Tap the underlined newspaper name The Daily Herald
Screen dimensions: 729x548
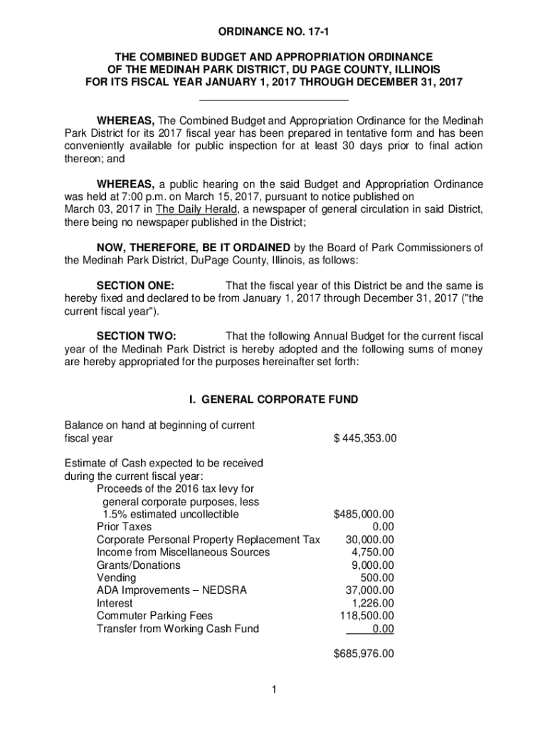pyautogui.click(x=196, y=209)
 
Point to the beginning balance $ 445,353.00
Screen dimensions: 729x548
pyautogui.click(x=364, y=439)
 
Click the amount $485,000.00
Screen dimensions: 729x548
pyautogui.click(x=364, y=514)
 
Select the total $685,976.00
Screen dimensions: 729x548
pyautogui.click(x=364, y=654)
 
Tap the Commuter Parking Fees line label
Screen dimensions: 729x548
pyautogui.click(x=154, y=616)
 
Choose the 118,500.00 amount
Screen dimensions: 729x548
pyautogui.click(x=368, y=616)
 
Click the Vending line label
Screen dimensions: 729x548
pyautogui.click(x=117, y=577)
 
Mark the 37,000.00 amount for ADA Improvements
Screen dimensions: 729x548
pyautogui.click(x=370, y=590)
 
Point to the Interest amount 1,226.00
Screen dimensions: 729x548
pyautogui.click(x=373, y=603)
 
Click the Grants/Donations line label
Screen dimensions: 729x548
pyautogui.click(x=139, y=565)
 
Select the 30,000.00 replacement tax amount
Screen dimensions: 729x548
pyautogui.click(x=370, y=540)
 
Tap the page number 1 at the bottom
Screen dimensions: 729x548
pyautogui.click(x=273, y=689)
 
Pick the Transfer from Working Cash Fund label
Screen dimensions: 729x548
pyautogui.click(x=178, y=629)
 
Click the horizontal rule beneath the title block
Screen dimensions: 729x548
pyautogui.click(x=274, y=100)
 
